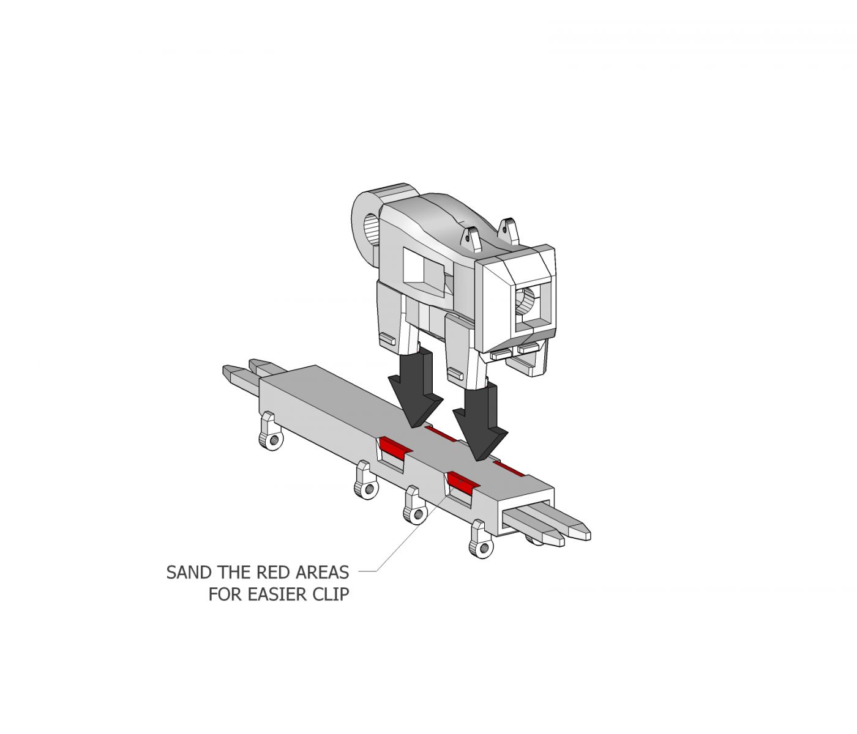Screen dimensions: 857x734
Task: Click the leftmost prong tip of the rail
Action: point(224,369)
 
